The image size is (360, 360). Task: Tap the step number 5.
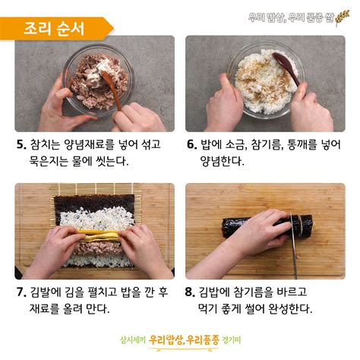tap(21, 144)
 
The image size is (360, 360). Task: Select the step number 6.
tap(191, 144)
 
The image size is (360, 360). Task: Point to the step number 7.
tap(21, 292)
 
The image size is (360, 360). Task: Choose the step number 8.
tap(191, 292)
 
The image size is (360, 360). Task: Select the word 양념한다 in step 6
tap(222, 161)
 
